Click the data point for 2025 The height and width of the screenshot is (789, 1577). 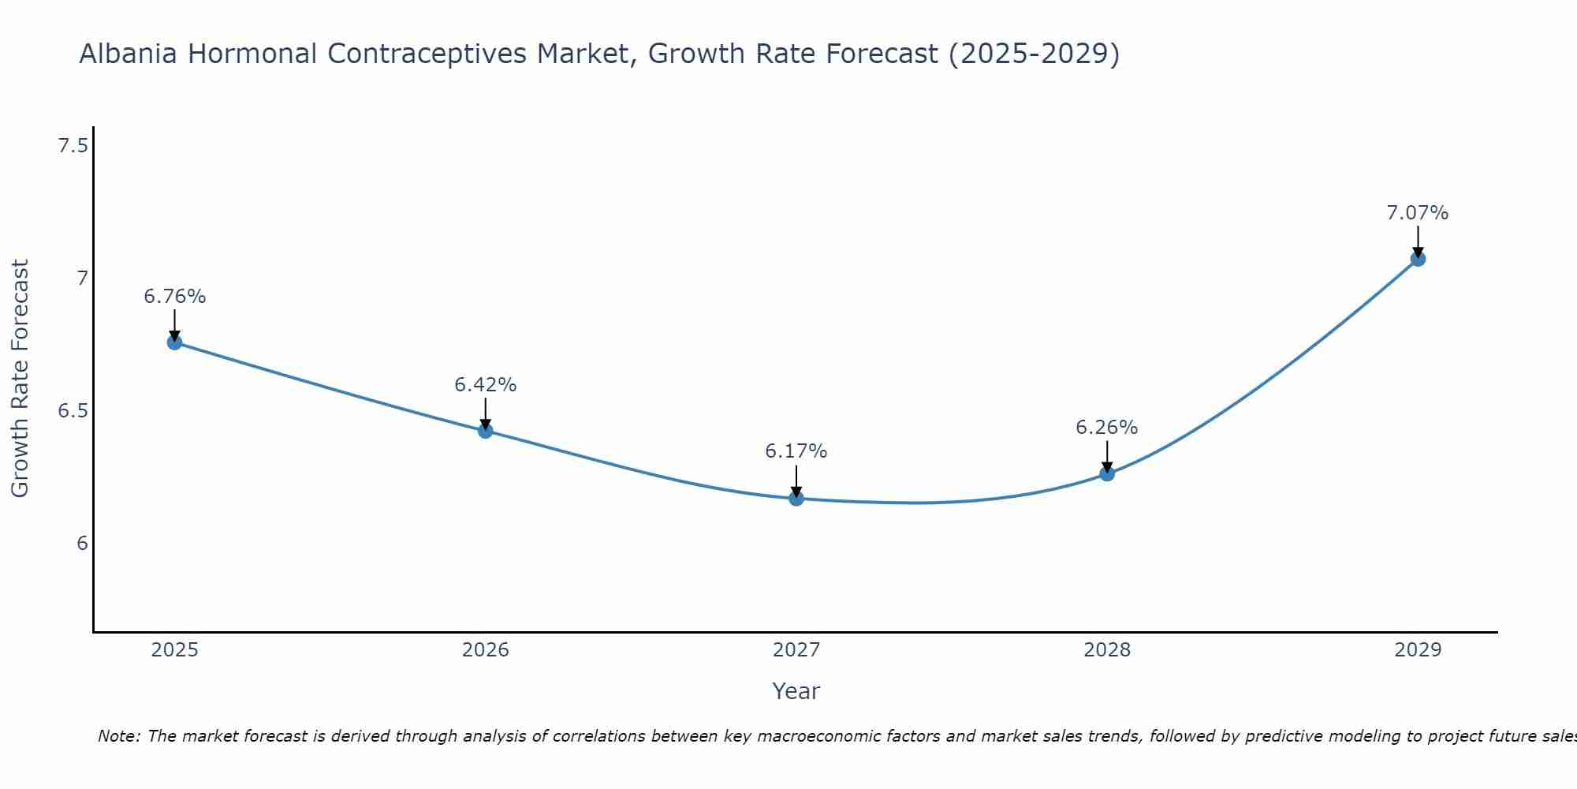click(174, 342)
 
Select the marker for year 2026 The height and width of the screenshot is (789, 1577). click(485, 431)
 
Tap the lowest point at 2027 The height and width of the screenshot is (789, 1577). click(796, 499)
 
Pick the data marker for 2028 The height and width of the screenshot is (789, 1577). click(1106, 473)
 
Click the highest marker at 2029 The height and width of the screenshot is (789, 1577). click(1417, 259)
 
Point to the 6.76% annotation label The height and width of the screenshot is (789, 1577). click(174, 297)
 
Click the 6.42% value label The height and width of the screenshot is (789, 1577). click(485, 385)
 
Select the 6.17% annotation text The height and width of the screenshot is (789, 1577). click(796, 451)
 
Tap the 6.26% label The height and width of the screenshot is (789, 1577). click(1106, 428)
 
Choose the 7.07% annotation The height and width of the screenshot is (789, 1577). click(1417, 213)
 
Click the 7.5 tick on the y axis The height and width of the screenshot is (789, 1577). click(73, 146)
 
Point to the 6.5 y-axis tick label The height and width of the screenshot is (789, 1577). click(73, 411)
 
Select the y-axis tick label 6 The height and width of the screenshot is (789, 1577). click(82, 544)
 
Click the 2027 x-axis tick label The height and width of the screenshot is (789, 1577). click(796, 650)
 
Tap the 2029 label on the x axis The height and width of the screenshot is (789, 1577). click(1417, 650)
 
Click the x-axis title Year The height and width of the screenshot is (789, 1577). click(796, 691)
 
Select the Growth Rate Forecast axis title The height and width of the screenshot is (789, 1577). click(21, 379)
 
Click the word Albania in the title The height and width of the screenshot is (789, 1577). click(128, 54)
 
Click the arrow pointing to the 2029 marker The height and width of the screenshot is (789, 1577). click(1417, 241)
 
